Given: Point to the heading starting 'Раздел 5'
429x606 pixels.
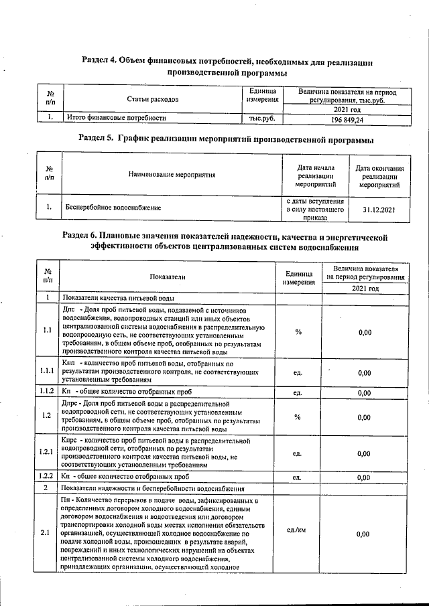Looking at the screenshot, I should point(226,139).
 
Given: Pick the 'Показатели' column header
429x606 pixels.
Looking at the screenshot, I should point(168,276).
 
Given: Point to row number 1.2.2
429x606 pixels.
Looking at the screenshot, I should point(47,477).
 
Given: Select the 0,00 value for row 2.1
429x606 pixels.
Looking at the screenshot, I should point(364,534).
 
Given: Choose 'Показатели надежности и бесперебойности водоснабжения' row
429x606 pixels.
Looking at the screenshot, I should point(154,489).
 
